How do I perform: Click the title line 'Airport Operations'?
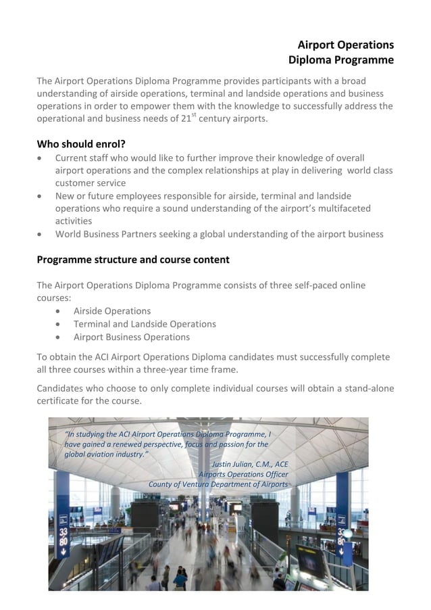(x=345, y=45)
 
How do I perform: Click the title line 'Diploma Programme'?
(x=340, y=60)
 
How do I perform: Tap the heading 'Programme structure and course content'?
(x=133, y=259)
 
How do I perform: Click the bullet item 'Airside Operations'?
(x=112, y=311)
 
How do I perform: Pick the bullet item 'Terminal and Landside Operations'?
(x=145, y=324)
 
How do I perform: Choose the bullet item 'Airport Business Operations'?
(x=132, y=337)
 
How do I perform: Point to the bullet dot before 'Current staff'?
(x=41, y=158)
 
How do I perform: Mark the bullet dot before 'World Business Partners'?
(x=41, y=235)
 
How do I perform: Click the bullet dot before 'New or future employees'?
(x=41, y=196)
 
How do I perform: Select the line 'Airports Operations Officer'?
(x=243, y=474)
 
